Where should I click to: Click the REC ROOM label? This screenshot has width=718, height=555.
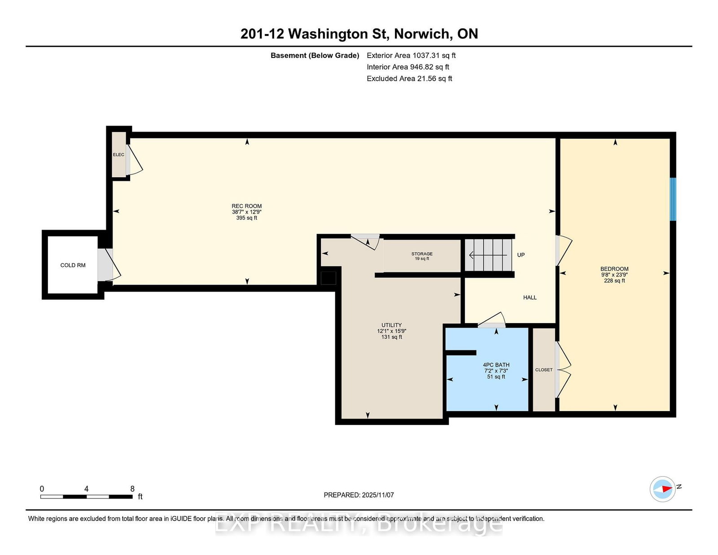(x=246, y=206)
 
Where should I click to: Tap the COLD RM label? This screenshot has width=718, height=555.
(x=73, y=265)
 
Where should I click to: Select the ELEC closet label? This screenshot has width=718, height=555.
(x=118, y=155)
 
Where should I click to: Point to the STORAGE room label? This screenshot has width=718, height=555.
(x=422, y=253)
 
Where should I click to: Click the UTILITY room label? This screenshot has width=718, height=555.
(x=392, y=325)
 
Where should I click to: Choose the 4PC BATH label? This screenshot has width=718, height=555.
(x=496, y=365)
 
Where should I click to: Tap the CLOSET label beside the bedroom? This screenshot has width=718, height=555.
(x=543, y=370)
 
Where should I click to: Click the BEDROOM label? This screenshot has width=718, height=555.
(x=614, y=269)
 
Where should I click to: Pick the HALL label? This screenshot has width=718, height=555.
(x=530, y=297)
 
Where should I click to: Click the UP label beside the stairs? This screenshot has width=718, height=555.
(x=521, y=255)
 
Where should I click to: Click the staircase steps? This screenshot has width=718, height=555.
(x=488, y=255)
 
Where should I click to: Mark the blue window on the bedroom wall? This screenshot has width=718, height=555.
(x=673, y=199)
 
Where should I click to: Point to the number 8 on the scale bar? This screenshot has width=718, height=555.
(x=132, y=489)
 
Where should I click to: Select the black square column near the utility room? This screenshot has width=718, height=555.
(x=328, y=278)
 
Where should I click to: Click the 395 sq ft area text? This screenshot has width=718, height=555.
(x=246, y=218)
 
